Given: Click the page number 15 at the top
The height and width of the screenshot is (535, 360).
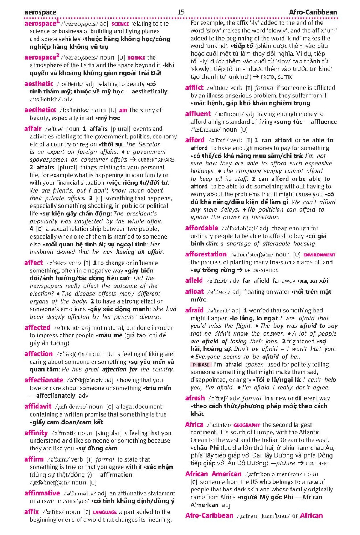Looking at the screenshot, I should click(181, 12).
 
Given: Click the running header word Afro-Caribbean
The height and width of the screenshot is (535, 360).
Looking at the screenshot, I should click(313, 12).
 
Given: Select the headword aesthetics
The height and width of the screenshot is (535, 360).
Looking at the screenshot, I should click(40, 110).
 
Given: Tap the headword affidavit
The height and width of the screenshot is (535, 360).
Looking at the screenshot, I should click(38, 406).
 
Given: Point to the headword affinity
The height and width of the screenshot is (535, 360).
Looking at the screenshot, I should click(36, 433).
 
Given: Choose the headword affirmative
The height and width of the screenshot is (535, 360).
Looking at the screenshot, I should click(42, 493).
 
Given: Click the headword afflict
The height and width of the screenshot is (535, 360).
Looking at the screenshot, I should click(194, 87).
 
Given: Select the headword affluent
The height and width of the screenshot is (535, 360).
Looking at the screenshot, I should click(198, 114).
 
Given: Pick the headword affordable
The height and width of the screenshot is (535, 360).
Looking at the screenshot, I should click(201, 228).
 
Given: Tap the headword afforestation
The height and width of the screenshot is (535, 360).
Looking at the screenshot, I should click(206, 254).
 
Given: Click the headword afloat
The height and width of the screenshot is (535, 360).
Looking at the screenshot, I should click(194, 292).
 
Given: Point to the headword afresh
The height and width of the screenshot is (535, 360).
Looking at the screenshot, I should click(195, 398).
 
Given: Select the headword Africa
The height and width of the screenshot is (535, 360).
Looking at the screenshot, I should click(194, 424).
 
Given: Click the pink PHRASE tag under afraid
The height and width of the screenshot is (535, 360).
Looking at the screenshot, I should click(201, 365).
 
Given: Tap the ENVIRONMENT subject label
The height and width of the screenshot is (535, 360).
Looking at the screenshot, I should click(319, 255).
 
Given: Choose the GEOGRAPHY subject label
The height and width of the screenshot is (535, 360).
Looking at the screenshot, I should click(247, 425).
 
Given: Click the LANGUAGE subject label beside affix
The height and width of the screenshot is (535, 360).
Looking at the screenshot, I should click(105, 512).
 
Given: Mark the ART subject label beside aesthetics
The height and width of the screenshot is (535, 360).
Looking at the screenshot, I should click(123, 111).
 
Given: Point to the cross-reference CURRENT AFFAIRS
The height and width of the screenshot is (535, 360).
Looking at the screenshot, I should click(156, 160).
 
